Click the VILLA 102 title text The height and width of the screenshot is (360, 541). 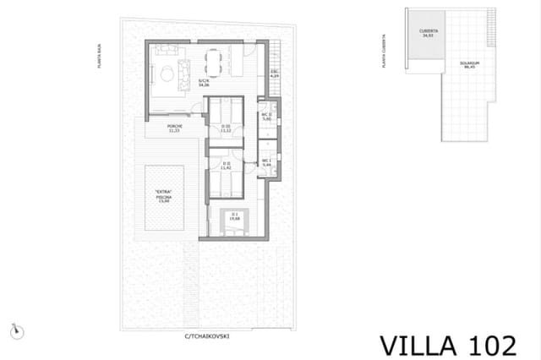pos(447,345)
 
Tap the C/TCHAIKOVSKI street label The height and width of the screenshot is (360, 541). pos(208,336)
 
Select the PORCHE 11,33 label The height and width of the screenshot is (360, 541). pos(175,129)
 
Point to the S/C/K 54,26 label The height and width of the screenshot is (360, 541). pos(204,83)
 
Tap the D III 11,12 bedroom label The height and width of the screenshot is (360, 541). pos(226,129)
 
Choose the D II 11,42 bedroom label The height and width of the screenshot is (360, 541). pos(226,166)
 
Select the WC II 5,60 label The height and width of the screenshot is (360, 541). pos(266,117)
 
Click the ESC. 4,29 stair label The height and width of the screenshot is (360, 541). pos(274,74)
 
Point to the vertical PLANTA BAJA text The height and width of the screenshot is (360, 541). pos(100,57)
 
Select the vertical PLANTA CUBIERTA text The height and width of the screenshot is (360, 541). pos(385,52)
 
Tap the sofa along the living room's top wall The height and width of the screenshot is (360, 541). pos(167,52)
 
